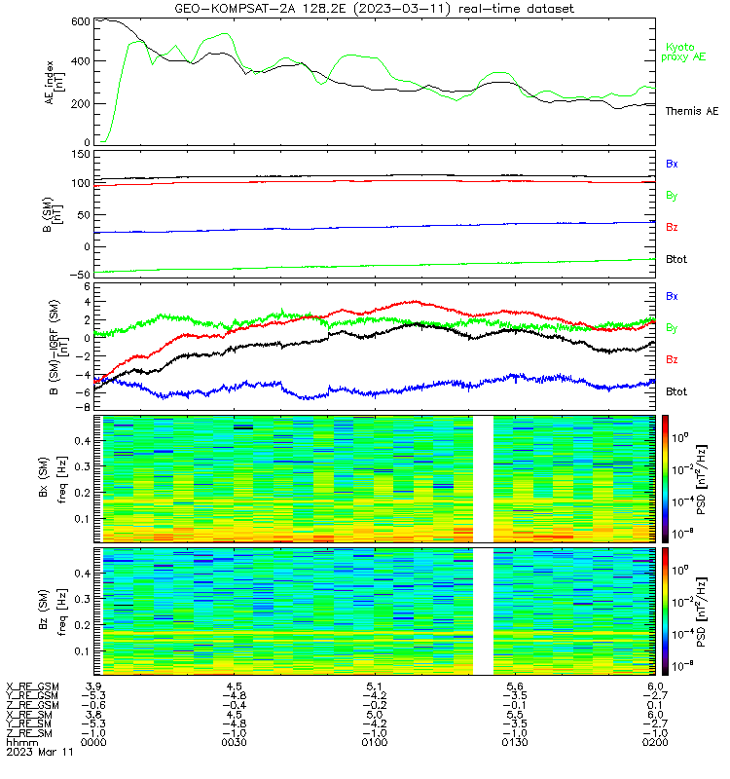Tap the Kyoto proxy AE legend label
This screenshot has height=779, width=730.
pyautogui.click(x=683, y=53)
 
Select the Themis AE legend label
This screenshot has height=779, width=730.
pyautogui.click(x=692, y=111)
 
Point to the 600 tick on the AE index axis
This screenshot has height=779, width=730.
pyautogui.click(x=81, y=21)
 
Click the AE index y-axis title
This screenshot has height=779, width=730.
pyautogui.click(x=55, y=83)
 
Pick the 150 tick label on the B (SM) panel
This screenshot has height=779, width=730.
pyautogui.click(x=81, y=155)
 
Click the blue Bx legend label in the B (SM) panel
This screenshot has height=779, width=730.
pyautogui.click(x=672, y=164)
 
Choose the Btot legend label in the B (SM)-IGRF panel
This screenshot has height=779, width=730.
pyautogui.click(x=676, y=391)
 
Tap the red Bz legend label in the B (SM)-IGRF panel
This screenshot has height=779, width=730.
pyautogui.click(x=672, y=359)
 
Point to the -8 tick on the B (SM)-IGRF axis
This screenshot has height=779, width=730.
pyautogui.click(x=85, y=407)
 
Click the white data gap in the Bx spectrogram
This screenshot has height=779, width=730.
pyautogui.click(x=483, y=479)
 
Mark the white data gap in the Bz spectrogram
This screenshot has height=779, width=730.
pyautogui.click(x=483, y=612)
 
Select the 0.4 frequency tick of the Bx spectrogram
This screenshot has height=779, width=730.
pyautogui.click(x=83, y=441)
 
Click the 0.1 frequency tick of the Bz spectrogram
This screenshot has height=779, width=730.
pyautogui.click(x=83, y=650)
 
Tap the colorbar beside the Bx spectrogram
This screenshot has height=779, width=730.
pyautogui.click(x=665, y=479)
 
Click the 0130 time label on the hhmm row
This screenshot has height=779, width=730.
pyautogui.click(x=515, y=742)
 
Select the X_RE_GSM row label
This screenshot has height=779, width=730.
pyautogui.click(x=32, y=686)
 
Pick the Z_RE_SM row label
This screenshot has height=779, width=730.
pyautogui.click(x=29, y=733)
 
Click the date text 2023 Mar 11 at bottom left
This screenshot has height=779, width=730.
pyautogui.click(x=40, y=752)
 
